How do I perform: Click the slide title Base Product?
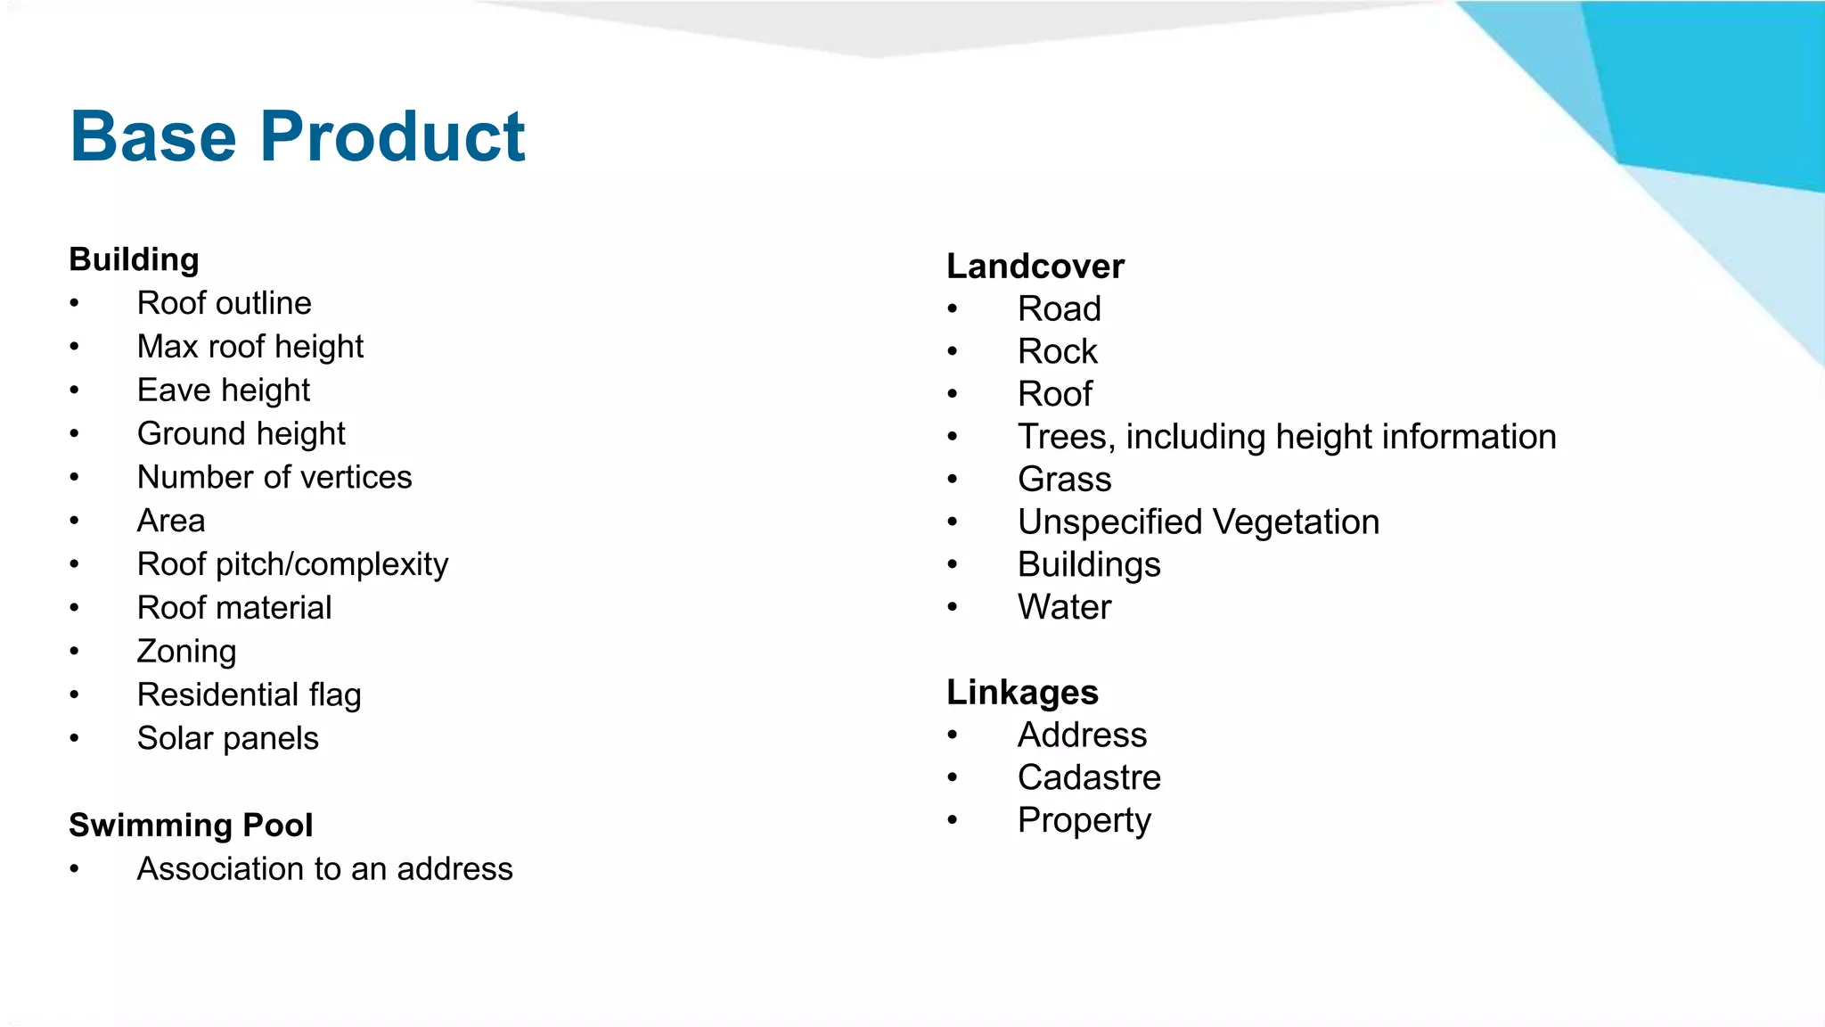(298, 136)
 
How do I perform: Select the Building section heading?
(134, 259)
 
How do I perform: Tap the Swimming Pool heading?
(191, 825)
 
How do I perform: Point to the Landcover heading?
(1035, 266)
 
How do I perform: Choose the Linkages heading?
(1022, 692)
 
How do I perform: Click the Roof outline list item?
(224, 303)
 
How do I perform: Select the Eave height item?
(223, 390)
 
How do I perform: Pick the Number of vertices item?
(274, 477)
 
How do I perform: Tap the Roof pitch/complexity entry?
(292, 564)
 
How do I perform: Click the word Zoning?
(186, 651)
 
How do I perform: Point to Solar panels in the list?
(227, 738)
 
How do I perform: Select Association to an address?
(324, 868)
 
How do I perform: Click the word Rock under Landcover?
(1058, 351)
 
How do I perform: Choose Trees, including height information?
(1287, 437)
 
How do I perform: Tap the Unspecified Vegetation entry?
(1199, 522)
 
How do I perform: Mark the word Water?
(1064, 607)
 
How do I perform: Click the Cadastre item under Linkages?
(1089, 777)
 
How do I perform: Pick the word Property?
(1084, 820)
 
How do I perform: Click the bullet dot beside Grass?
(953, 480)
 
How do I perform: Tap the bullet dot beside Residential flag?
(75, 695)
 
